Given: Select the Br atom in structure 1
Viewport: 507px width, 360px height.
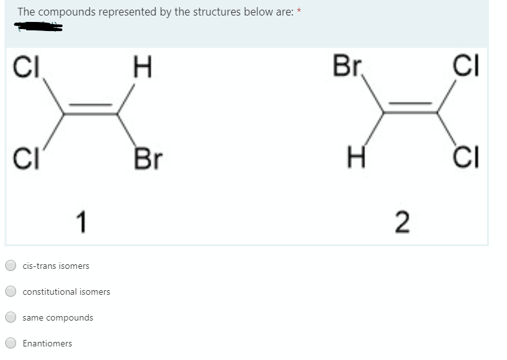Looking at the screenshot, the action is point(148,158).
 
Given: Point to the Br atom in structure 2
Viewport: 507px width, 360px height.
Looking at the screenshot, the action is point(348,67).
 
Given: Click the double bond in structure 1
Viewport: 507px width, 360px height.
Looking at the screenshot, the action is point(90,111).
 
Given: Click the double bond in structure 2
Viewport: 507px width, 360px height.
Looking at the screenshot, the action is point(410,109).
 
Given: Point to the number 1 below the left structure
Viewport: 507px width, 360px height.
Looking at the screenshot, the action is point(80,222).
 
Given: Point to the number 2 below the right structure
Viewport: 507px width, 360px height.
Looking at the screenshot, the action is point(401,222).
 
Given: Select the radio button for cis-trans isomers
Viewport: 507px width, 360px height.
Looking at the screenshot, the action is point(11,266).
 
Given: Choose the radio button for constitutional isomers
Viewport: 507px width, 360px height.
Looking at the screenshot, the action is point(11,291).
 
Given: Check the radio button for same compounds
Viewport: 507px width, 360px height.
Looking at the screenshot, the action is point(11,317).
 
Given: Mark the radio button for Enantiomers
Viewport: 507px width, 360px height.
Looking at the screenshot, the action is point(11,343).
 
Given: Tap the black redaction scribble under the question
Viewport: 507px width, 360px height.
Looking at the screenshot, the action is point(40,27).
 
